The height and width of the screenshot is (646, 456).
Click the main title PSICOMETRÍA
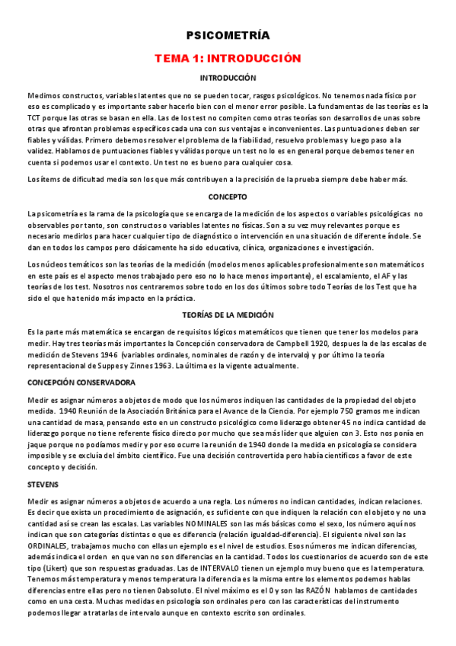pos(228,35)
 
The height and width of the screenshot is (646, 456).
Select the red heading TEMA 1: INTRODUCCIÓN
pos(228,58)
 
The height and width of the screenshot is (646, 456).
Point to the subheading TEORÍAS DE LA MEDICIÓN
pos(228,315)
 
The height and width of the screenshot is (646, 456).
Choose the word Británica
pos(158,411)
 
